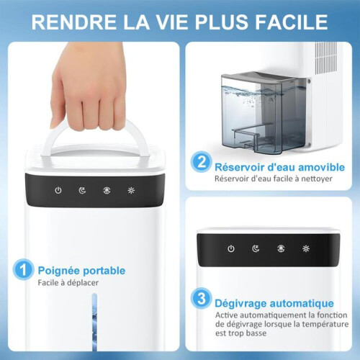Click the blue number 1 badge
pyautogui.click(x=23, y=270)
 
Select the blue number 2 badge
pyautogui.click(x=201, y=162)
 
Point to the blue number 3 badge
pyautogui.click(x=201, y=298)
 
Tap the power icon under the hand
pyautogui.click(x=58, y=190)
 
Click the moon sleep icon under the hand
pyautogui.click(x=82, y=190)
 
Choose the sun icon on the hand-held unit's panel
pyautogui.click(x=131, y=191)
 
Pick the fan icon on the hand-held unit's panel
pyautogui.click(x=107, y=191)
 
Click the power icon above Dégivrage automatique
pyautogui.click(x=231, y=248)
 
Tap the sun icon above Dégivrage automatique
pyautogui.click(x=306, y=248)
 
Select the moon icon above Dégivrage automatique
pyautogui.click(x=256, y=248)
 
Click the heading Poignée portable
pyautogui.click(x=81, y=271)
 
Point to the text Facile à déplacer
pyautogui.click(x=68, y=282)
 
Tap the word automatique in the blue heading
pyautogui.click(x=302, y=303)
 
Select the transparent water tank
pyautogui.click(x=264, y=113)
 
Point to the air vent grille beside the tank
pyautogui.click(x=326, y=58)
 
